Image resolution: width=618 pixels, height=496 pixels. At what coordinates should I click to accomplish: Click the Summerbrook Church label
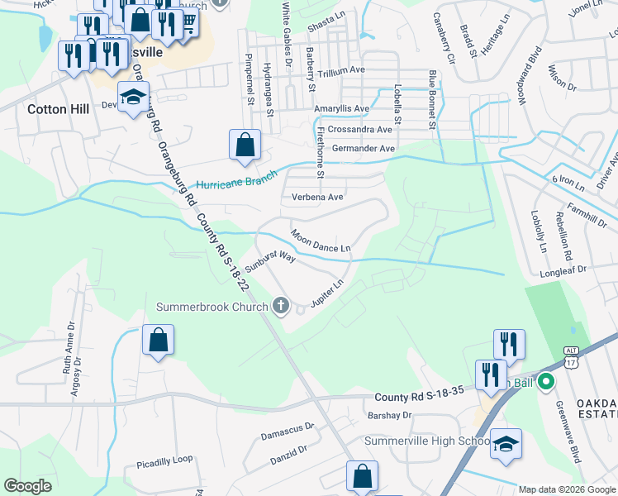click(x=212, y=308)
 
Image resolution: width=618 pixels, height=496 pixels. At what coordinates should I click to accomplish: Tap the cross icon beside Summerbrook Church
click(x=281, y=307)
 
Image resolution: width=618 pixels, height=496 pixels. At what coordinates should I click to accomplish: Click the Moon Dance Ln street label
click(x=321, y=241)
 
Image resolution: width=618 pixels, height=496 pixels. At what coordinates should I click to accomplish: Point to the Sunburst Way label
click(x=270, y=264)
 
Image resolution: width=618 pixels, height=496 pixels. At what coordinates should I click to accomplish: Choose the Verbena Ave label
click(x=317, y=198)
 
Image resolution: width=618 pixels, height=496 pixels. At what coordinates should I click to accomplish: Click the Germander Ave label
click(x=364, y=149)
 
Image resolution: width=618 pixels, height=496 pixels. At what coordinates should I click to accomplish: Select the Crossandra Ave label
click(x=359, y=130)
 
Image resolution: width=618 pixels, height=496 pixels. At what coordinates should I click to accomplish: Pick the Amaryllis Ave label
click(x=341, y=108)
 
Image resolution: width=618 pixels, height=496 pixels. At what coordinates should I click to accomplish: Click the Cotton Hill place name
click(x=58, y=108)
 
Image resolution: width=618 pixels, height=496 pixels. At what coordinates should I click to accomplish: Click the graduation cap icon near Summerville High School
click(x=506, y=443)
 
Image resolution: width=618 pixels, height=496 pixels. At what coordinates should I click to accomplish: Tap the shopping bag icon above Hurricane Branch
click(x=245, y=145)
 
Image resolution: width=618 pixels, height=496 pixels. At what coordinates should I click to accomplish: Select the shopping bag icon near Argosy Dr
click(x=158, y=340)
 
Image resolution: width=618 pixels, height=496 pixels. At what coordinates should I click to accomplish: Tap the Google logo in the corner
click(x=27, y=486)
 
